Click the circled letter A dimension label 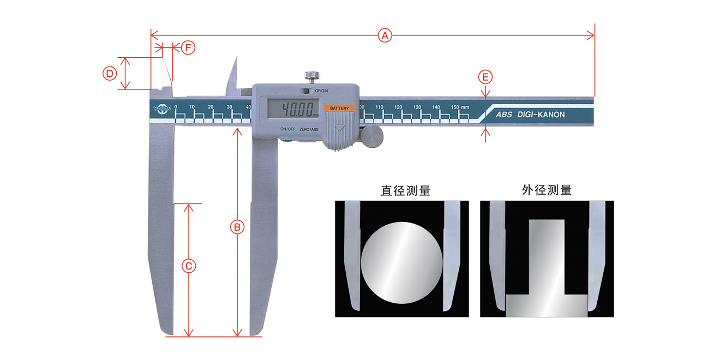[385, 36]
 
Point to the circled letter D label [110, 73]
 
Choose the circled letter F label [188, 48]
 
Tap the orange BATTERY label [339, 109]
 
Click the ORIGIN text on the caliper [321, 91]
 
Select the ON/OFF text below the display [287, 129]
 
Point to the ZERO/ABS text [309, 129]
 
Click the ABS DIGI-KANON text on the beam [530, 115]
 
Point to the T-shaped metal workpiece [547, 273]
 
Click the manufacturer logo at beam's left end [162, 109]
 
